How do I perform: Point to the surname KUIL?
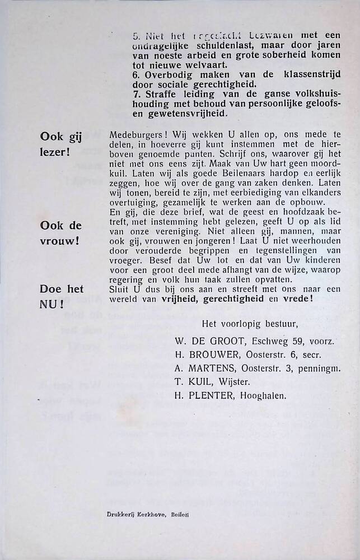coord(198,381)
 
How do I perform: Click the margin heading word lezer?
coord(55,151)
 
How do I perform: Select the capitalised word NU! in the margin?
coord(52,306)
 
